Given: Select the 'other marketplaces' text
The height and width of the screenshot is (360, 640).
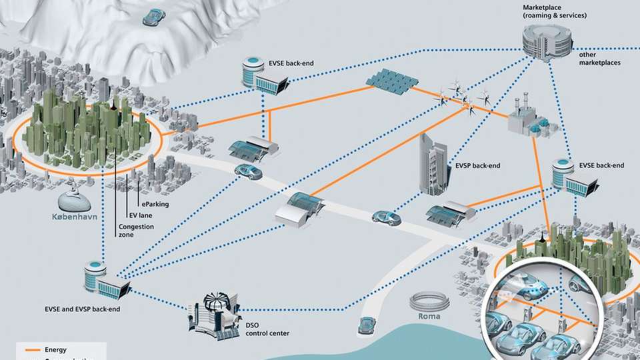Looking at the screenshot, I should click(x=600, y=58).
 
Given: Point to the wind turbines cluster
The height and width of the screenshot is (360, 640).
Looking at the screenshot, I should click(x=463, y=97).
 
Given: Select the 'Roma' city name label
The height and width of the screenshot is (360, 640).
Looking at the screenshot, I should click(x=424, y=317).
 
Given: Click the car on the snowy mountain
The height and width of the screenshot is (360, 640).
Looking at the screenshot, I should click(x=154, y=17).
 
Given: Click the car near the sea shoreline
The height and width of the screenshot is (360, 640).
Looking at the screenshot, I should click(x=366, y=325).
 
